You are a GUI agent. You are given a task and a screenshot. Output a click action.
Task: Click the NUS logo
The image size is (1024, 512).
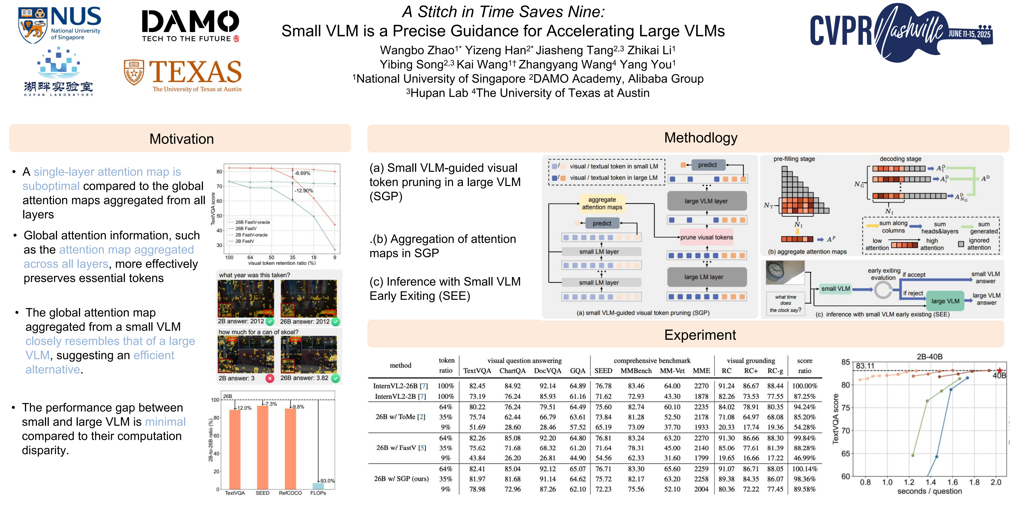[x=60, y=25]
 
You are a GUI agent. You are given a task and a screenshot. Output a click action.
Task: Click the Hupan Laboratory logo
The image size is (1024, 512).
[x=58, y=72]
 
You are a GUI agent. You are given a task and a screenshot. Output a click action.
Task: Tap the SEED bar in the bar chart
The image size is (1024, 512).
[x=262, y=447]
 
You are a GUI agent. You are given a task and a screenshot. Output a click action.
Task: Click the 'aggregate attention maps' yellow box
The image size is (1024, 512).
[x=602, y=203]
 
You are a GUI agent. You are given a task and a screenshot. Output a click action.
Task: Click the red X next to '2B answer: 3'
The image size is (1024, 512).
[x=270, y=378]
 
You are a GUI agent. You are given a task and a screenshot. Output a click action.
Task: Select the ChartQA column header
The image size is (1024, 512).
[x=512, y=371]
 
